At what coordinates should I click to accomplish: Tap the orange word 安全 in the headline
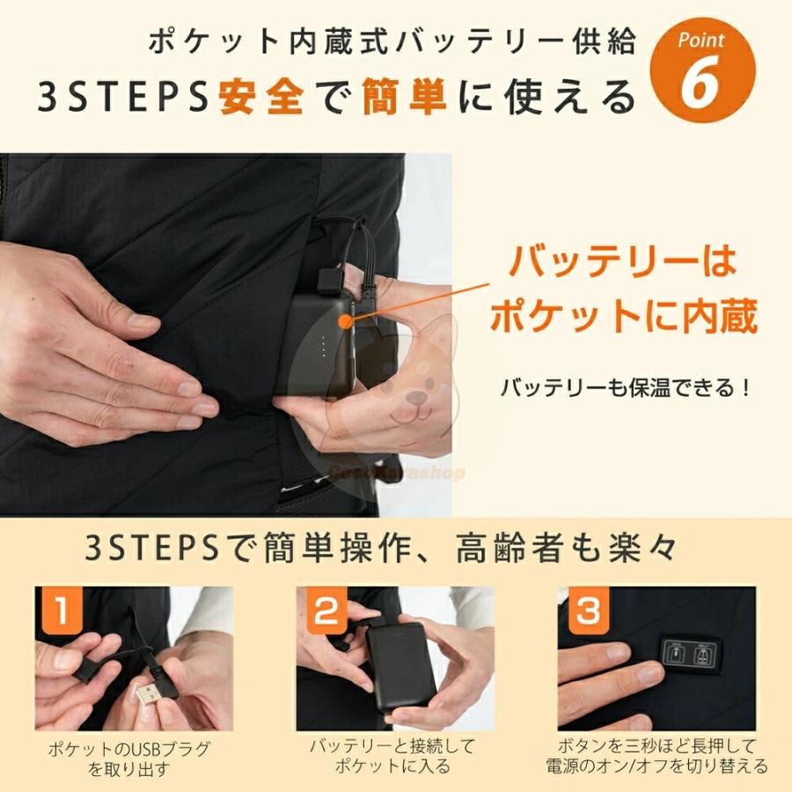point(260,98)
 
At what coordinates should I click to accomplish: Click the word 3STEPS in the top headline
point(121,98)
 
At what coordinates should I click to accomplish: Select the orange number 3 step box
point(586,612)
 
